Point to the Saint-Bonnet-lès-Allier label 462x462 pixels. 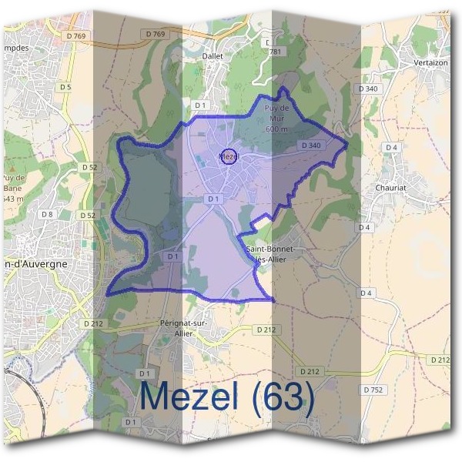coord(275,254)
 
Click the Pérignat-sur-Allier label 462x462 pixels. coord(184,327)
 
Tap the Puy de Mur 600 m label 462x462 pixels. coord(276,119)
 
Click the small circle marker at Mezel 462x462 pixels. coord(228,156)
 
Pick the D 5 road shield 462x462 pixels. coord(65,87)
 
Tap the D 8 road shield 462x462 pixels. coord(48,213)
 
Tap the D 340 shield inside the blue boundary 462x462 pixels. coord(311,145)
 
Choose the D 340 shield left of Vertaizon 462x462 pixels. coord(368,89)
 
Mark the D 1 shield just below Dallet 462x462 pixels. coord(200,104)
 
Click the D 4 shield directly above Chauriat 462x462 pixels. coord(391,147)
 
